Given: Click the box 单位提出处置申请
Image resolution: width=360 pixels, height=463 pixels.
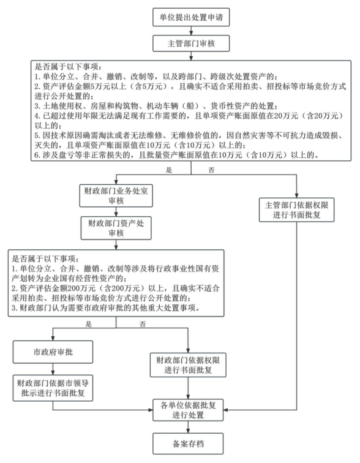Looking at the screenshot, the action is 191,17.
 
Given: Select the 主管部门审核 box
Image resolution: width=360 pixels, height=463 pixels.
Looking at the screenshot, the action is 191,43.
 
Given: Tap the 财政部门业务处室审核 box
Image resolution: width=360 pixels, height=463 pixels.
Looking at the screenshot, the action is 116,196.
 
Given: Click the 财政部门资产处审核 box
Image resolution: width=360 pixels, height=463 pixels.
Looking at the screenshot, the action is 116,228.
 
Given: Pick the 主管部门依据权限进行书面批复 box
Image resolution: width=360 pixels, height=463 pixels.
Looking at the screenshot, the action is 296,209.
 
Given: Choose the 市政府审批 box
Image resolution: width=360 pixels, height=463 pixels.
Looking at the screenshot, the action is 53,352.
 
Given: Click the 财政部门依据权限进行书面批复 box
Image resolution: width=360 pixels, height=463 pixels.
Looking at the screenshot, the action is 188,365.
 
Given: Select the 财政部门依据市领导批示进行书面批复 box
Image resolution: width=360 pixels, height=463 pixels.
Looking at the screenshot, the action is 53,388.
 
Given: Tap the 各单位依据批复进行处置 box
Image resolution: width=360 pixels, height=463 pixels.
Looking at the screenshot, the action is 188,410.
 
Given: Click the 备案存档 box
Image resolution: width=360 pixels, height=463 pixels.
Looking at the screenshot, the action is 188,443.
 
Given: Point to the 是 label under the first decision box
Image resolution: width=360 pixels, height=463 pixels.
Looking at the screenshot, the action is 169,170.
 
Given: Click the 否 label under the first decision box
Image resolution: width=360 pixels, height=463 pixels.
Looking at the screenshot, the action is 212,170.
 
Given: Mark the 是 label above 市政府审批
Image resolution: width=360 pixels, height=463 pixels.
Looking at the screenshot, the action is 89,324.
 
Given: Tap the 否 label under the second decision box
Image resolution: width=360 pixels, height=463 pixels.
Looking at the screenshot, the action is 143,324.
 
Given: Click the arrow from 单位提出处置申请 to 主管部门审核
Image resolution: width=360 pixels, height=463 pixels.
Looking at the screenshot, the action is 191,31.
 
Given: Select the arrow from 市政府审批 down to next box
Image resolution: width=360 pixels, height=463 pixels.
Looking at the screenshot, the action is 53,369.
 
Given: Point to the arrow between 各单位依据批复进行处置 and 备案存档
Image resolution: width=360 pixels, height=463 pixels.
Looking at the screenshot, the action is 188,427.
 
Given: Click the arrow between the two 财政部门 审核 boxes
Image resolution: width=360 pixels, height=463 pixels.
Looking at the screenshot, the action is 116,212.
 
